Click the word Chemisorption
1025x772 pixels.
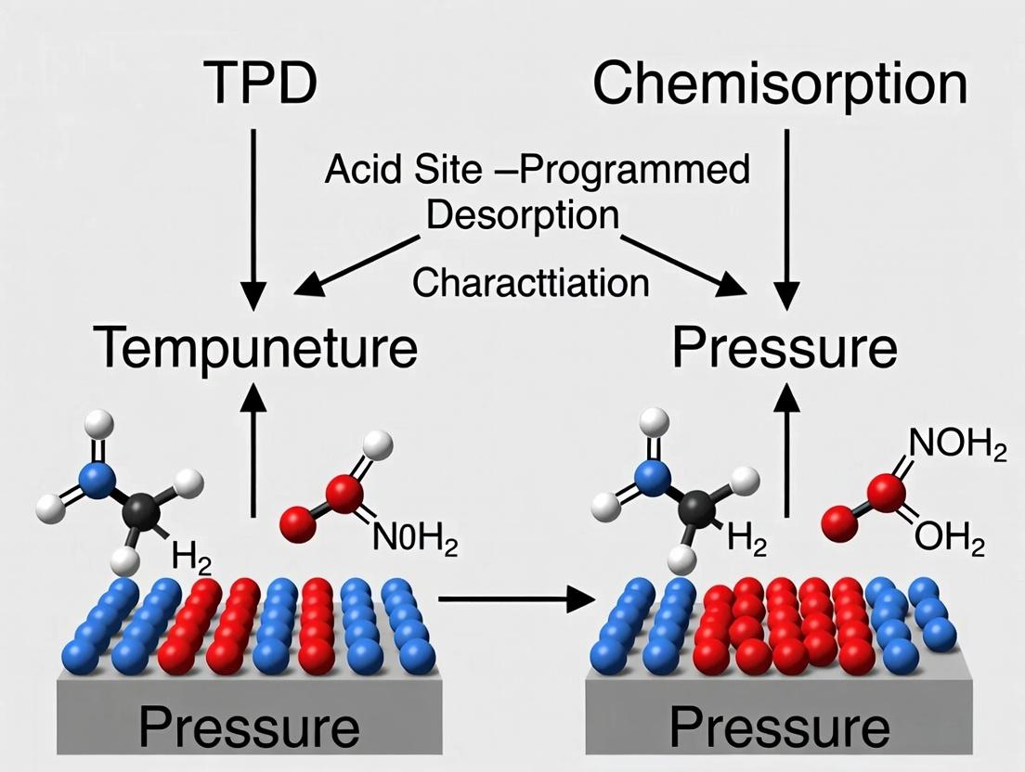click(x=780, y=84)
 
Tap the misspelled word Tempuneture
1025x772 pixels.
click(x=256, y=349)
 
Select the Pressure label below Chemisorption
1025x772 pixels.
click(x=785, y=349)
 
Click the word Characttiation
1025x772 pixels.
click(x=530, y=282)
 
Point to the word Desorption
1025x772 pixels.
click(x=523, y=215)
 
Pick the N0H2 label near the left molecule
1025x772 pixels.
click(x=415, y=539)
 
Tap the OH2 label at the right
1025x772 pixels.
click(x=948, y=539)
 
